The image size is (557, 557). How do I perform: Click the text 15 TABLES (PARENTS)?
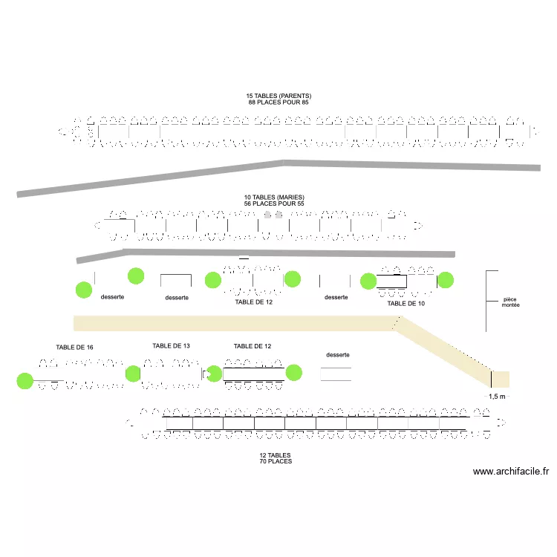pyautogui.click(x=278, y=96)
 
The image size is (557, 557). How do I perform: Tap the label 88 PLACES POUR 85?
pyautogui.click(x=278, y=102)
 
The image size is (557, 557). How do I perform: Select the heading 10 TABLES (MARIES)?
pyautogui.click(x=274, y=197)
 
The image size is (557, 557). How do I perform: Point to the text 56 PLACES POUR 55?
pyautogui.click(x=274, y=203)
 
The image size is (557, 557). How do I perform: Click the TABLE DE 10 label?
pyautogui.click(x=406, y=303)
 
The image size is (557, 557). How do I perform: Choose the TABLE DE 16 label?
pyautogui.click(x=74, y=348)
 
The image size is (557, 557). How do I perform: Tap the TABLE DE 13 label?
pyautogui.click(x=172, y=345)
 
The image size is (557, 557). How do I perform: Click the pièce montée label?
pyautogui.click(x=510, y=302)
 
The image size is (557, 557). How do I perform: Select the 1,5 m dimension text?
pyautogui.click(x=497, y=397)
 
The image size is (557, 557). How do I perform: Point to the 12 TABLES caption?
pyautogui.click(x=275, y=455)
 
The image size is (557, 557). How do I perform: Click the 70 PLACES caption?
pyautogui.click(x=276, y=461)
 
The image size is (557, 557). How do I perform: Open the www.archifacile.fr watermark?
pyautogui.click(x=511, y=472)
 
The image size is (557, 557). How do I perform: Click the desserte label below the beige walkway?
pyautogui.click(x=338, y=355)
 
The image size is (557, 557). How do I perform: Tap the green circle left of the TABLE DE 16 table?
pyautogui.click(x=25, y=381)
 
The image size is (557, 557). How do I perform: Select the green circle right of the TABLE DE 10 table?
pyautogui.click(x=446, y=280)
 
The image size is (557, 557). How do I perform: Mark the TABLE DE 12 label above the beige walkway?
pyautogui.click(x=254, y=302)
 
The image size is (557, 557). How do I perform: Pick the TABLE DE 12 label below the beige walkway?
pyautogui.click(x=253, y=346)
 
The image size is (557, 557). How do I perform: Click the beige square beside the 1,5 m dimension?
pyautogui.click(x=501, y=380)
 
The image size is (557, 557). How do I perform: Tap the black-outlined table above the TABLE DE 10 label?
pyautogui.click(x=391, y=281)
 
